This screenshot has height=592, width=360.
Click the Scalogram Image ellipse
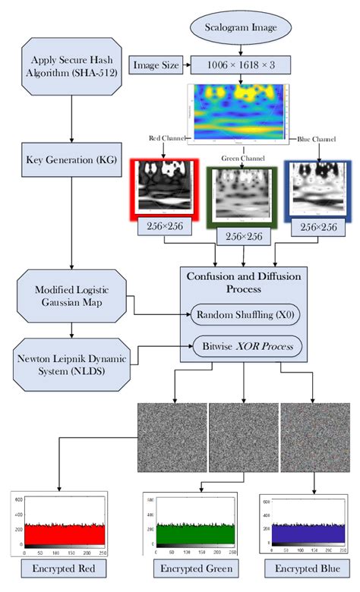click(240, 30)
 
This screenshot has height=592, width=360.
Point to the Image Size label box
click(156, 65)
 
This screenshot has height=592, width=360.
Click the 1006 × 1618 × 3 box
click(241, 65)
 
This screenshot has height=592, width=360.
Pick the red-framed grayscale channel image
click(165, 189)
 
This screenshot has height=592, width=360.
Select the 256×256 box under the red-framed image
click(165, 227)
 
